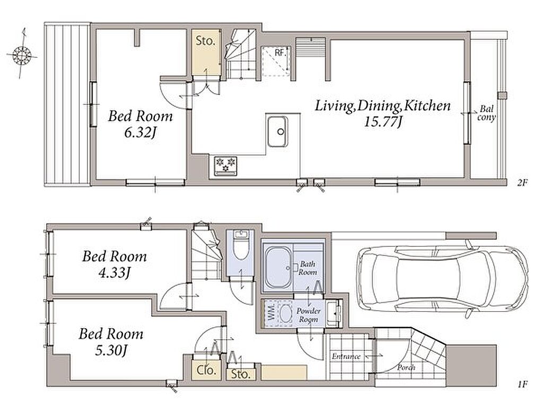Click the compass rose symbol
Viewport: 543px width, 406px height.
(22, 55)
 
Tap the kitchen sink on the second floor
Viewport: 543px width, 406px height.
(277, 131)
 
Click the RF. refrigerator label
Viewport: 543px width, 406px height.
(279, 53)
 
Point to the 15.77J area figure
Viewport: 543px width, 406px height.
(383, 122)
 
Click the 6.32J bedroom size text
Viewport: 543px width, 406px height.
(141, 133)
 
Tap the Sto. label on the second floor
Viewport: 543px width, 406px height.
(205, 41)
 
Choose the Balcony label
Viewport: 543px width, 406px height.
(486, 113)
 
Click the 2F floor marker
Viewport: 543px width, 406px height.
(522, 182)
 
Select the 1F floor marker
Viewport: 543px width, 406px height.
(522, 384)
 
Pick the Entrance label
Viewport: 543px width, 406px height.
(346, 356)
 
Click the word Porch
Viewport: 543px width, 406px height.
(406, 367)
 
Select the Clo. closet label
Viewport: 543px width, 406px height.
(206, 370)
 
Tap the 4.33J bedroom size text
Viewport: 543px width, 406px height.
(114, 273)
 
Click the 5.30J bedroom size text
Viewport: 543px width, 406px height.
(111, 351)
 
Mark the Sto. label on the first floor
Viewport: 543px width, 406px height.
(241, 374)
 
